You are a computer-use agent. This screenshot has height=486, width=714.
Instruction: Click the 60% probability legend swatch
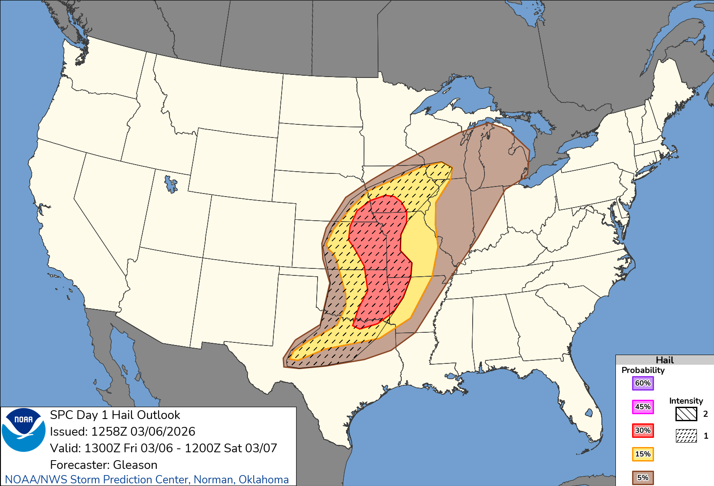pyautogui.click(x=643, y=383)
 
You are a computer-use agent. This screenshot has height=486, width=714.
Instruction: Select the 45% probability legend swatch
pyautogui.click(x=643, y=407)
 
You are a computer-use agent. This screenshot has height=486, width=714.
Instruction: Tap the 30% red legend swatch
pyautogui.click(x=643, y=430)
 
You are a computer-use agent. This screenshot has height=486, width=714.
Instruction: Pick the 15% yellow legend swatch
pyautogui.click(x=643, y=454)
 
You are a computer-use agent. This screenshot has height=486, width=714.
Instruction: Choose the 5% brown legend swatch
pyautogui.click(x=643, y=478)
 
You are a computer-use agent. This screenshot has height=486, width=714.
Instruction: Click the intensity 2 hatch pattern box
pyautogui.click(x=686, y=414)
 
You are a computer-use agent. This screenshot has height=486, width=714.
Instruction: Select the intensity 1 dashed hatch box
pyautogui.click(x=686, y=436)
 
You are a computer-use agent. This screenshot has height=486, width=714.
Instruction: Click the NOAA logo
pyautogui.click(x=24, y=430)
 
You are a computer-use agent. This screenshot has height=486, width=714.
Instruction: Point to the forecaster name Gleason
pyautogui.click(x=135, y=465)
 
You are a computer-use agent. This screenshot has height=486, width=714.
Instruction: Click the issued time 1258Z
pyautogui.click(x=109, y=431)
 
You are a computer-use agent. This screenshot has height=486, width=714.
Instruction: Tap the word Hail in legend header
pyautogui.click(x=665, y=360)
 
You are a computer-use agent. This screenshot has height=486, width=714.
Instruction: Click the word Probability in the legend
pyautogui.click(x=643, y=370)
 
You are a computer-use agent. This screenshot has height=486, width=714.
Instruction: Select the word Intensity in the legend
pyautogui.click(x=686, y=401)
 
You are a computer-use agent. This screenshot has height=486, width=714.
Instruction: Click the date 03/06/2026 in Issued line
pyautogui.click(x=163, y=431)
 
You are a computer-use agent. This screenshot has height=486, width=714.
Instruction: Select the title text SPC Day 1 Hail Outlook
pyautogui.click(x=115, y=415)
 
